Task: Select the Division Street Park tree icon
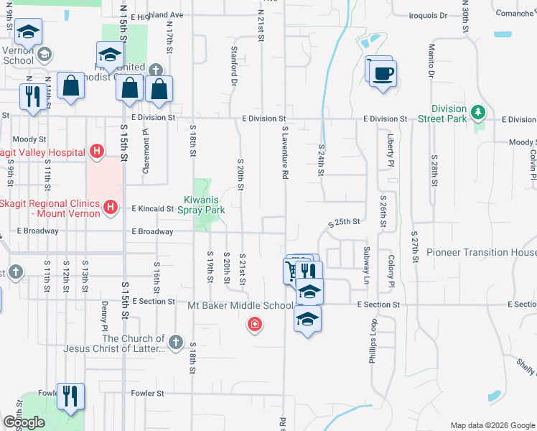[478, 113]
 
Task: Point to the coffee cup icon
[383, 73]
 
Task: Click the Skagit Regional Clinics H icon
[111, 208]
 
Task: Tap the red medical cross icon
[253, 326]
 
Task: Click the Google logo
[24, 422]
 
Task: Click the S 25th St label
[343, 222]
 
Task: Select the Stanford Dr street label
[234, 65]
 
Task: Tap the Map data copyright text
[492, 425]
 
